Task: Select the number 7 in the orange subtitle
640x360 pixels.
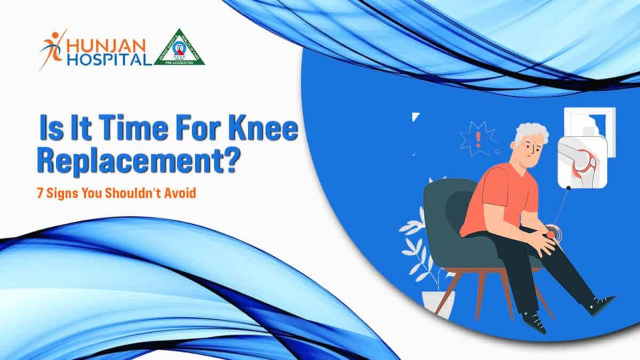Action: (x=40, y=193)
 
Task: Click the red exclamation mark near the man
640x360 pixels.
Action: (x=478, y=140)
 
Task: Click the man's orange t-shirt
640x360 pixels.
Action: (x=496, y=197)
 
